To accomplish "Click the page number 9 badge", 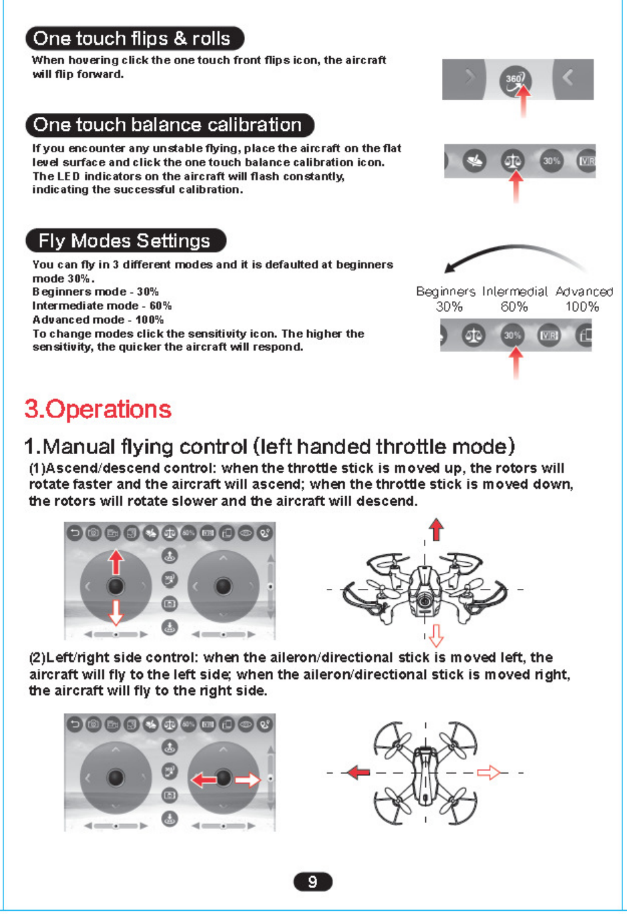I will [312, 882].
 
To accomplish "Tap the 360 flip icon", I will [515, 79].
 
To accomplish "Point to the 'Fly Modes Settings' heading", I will [126, 240].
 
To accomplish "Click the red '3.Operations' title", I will [98, 409].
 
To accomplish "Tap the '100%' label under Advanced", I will [582, 306].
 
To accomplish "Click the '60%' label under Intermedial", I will [514, 306].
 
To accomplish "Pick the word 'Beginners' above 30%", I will [445, 292].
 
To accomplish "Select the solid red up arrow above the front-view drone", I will [437, 529].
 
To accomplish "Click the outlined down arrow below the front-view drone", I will [437, 636].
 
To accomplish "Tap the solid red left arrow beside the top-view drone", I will [359, 772].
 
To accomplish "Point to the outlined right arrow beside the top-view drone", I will [489, 773].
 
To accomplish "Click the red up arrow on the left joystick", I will [116, 562].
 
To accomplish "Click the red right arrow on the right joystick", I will [248, 779].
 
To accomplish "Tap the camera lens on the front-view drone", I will [424, 601].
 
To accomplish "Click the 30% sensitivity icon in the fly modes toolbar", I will [512, 335].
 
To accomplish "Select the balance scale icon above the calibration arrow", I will [513, 161].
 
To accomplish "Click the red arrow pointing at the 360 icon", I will [524, 101].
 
